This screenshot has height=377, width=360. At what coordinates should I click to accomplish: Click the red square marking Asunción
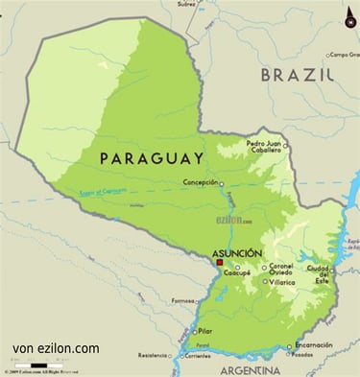(219, 261)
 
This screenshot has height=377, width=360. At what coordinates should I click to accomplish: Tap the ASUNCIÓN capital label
(236, 252)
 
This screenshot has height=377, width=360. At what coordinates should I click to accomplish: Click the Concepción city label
(200, 182)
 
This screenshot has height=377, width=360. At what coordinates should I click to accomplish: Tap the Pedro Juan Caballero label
(263, 146)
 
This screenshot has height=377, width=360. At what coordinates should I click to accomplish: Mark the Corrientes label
(197, 355)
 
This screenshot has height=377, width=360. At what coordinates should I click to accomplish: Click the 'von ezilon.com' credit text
(56, 348)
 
